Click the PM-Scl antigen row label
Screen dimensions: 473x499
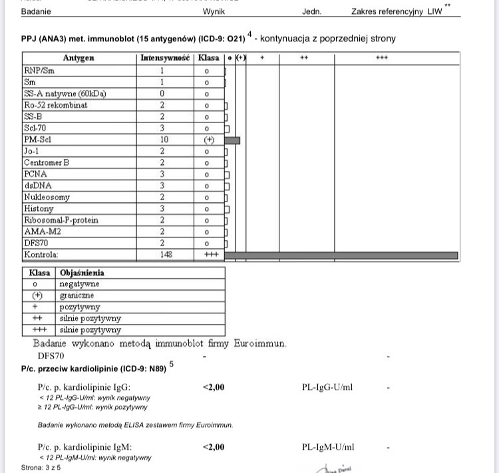pos(38,140)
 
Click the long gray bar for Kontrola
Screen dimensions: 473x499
pos(341,255)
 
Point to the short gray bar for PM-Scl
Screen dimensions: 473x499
pos(232,140)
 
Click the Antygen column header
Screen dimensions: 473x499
pos(79,59)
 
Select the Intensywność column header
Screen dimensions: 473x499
pos(166,59)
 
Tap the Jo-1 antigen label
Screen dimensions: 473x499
pos(33,151)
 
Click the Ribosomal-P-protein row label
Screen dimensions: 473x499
pos(61,220)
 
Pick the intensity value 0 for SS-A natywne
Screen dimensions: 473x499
pos(162,94)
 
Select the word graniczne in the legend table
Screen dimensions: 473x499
pos(77,295)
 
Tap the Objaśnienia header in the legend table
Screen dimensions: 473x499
pos(82,273)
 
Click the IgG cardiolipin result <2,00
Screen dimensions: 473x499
pos(213,387)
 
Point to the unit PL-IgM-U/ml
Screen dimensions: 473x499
pos(328,448)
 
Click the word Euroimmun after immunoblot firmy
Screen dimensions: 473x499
pos(260,344)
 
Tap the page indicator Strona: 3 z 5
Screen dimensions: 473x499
pos(41,468)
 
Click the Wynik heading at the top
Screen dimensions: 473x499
pos(214,11)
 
